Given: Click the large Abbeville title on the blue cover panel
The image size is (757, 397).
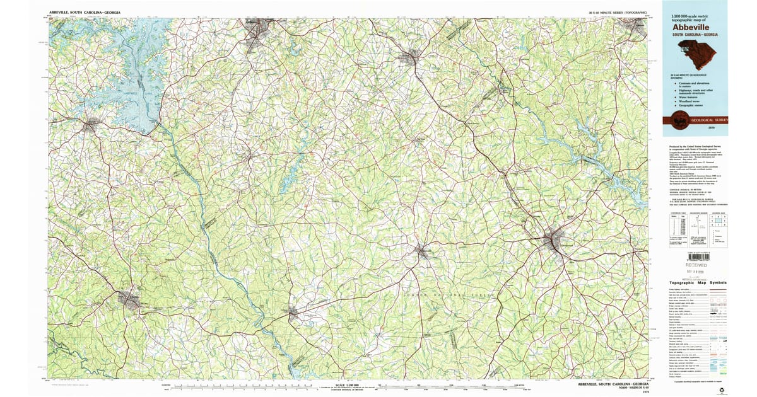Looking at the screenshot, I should click(690, 27).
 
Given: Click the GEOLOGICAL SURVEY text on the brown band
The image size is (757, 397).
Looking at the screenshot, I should click(709, 119).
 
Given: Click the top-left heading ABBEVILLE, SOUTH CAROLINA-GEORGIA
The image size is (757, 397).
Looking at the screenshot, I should click(85, 13).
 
